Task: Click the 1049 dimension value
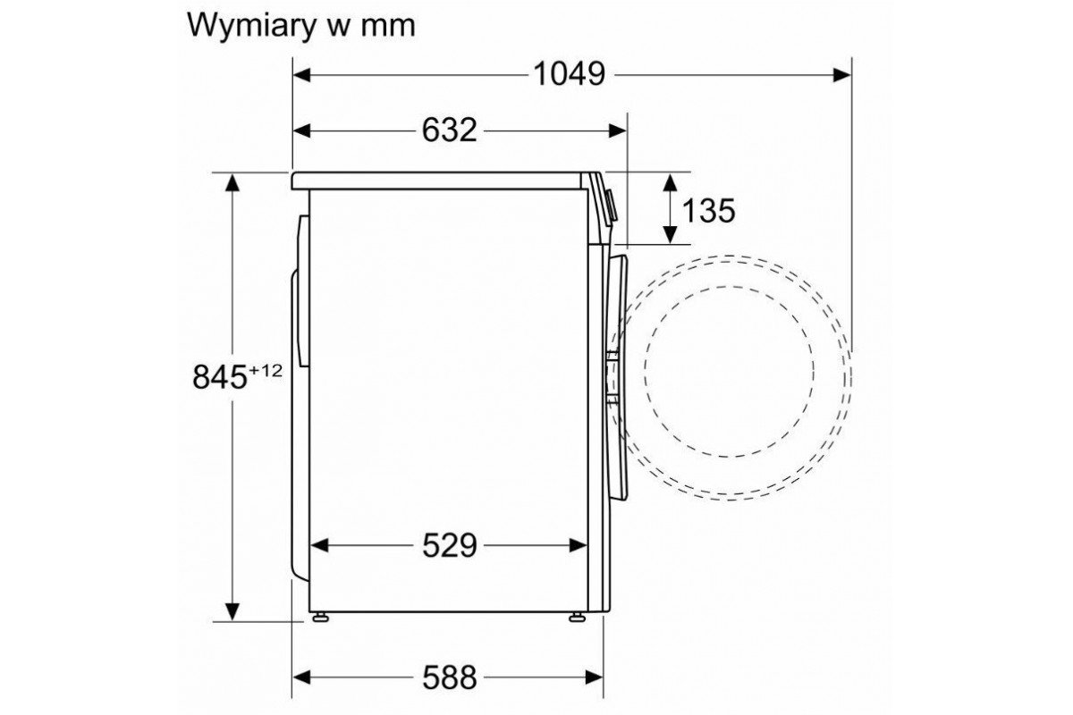tap(569, 75)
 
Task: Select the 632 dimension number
tap(449, 130)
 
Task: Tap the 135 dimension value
tap(708, 210)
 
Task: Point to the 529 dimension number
tap(449, 545)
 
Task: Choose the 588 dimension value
tap(449, 677)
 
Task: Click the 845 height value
tap(219, 377)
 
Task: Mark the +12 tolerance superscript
tap(265, 370)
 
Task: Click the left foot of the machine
tap(320, 618)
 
